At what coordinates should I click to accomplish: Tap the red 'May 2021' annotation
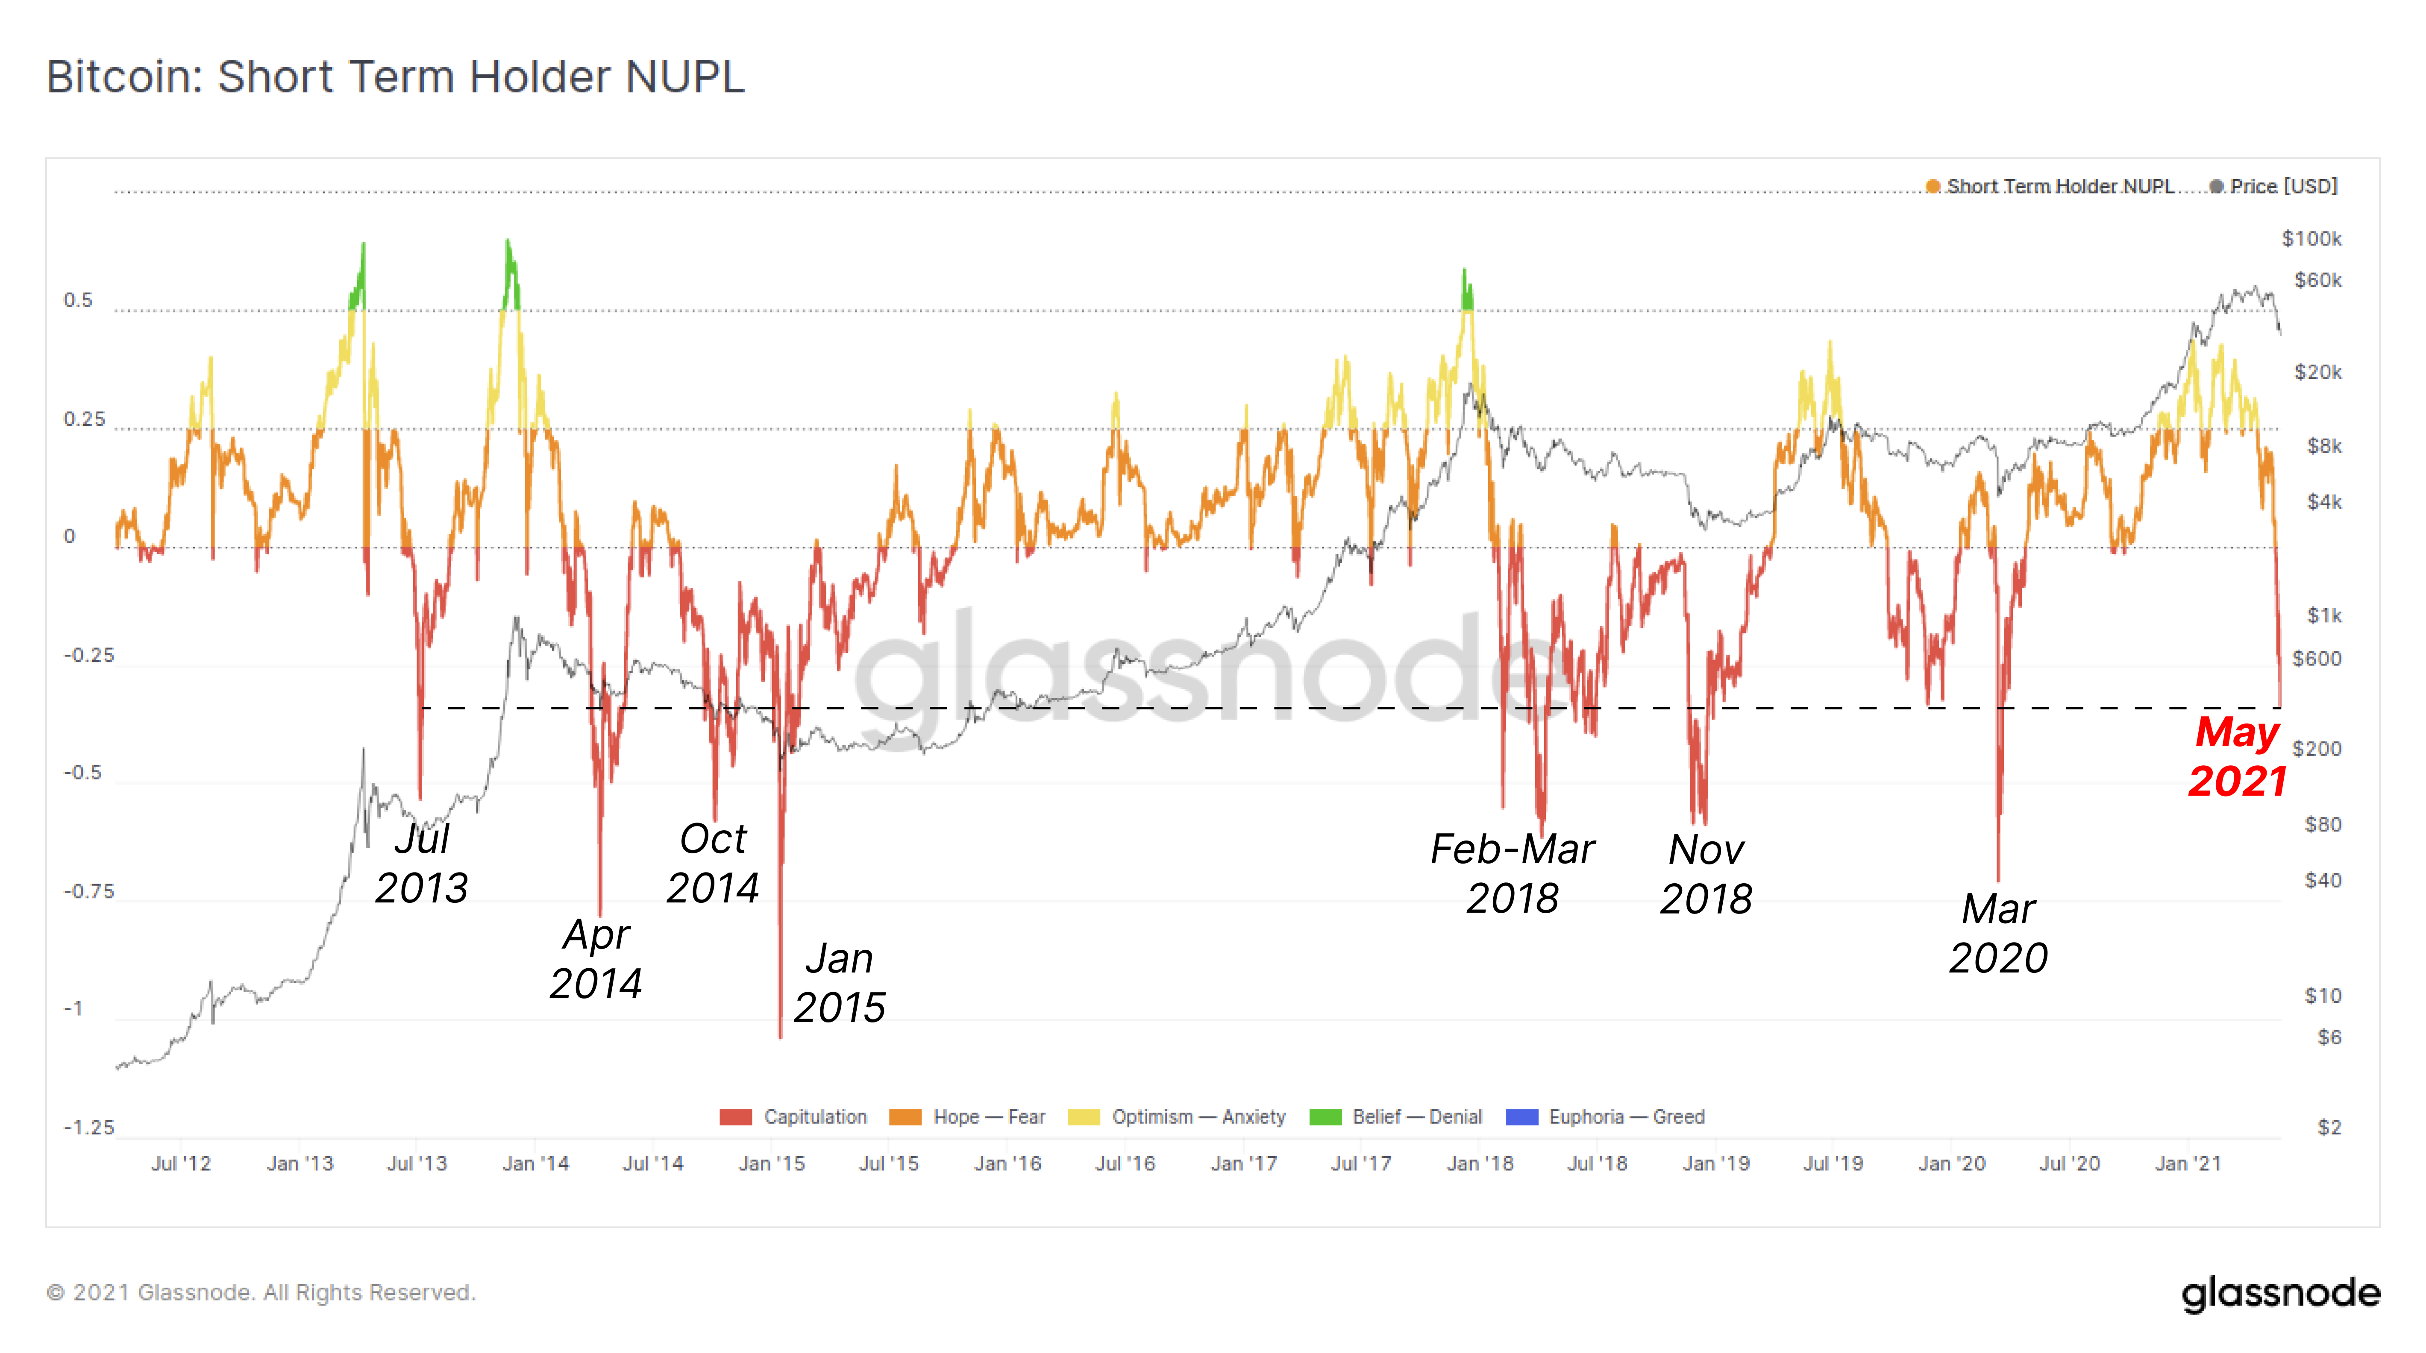[x=2237, y=756]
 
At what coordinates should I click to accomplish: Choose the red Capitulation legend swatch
[x=735, y=1117]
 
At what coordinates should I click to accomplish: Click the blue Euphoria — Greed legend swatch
[x=1522, y=1117]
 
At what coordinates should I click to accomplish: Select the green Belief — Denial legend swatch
[x=1325, y=1117]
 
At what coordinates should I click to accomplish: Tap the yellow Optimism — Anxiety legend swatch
[x=1084, y=1117]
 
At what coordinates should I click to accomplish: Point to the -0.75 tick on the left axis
[x=88, y=891]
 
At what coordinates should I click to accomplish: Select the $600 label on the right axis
[x=2317, y=658]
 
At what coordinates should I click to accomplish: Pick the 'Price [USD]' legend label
[x=2284, y=187]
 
